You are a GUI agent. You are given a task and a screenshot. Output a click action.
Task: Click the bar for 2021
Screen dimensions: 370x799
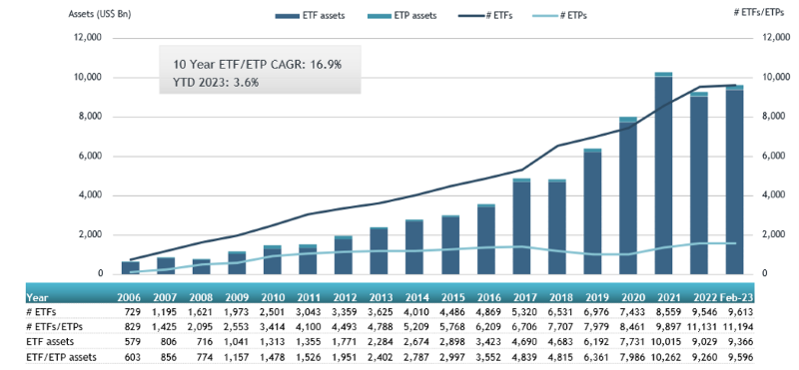pos(663,175)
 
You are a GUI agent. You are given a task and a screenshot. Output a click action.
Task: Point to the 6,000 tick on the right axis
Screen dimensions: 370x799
pos(747,156)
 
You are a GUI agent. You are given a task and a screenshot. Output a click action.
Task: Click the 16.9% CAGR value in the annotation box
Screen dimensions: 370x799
pos(322,64)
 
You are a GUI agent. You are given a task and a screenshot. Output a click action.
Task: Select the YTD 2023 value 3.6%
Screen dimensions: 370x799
pos(244,82)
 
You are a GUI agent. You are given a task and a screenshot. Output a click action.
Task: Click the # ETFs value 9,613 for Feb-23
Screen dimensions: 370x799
pos(734,311)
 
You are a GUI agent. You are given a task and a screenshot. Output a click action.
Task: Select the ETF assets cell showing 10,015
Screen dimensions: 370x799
pos(663,341)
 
